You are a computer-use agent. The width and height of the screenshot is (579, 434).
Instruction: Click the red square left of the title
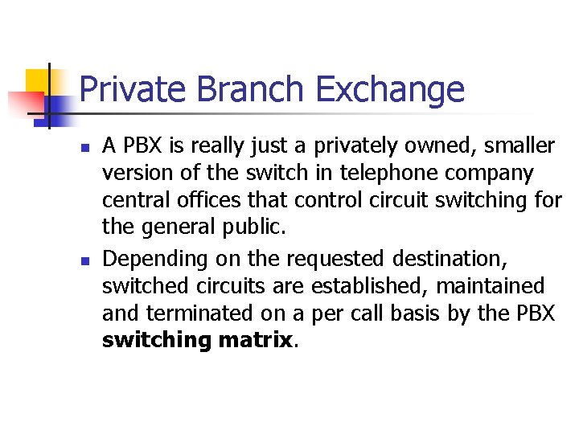[x=25, y=103]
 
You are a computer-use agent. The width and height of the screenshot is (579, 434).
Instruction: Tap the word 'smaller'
[x=519, y=146]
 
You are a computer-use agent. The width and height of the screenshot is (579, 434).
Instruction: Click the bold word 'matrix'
[x=254, y=340]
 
